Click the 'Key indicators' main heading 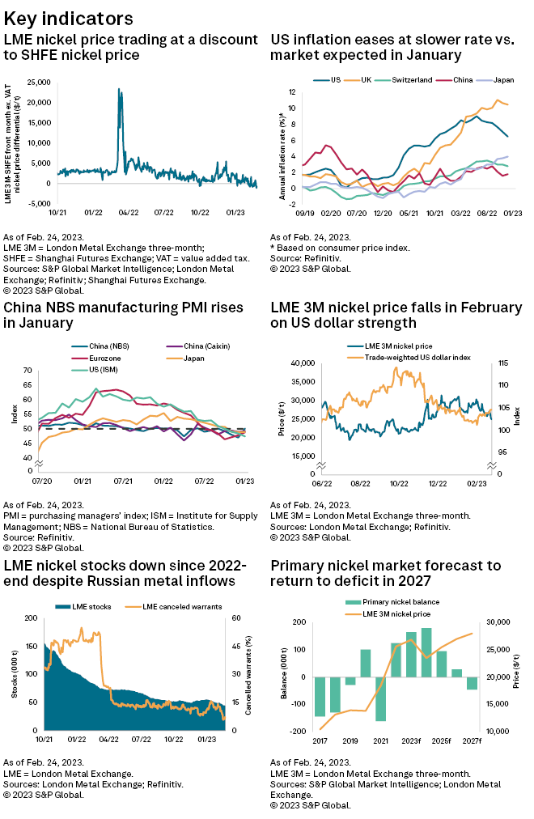(70, 17)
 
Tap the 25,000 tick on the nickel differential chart (38, 83)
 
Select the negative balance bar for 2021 (380, 698)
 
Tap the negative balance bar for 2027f (472, 683)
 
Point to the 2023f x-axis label (411, 740)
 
